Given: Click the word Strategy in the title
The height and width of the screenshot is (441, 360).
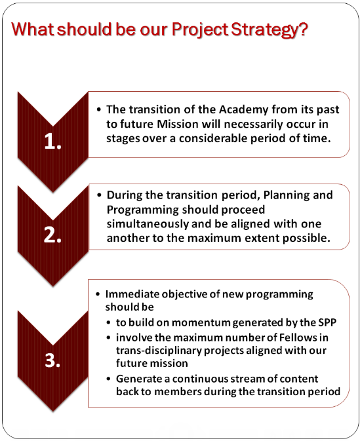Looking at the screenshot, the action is tap(269, 29).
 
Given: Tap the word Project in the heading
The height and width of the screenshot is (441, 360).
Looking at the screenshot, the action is tap(200, 29).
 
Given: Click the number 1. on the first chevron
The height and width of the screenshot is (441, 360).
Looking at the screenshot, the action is tap(53, 141).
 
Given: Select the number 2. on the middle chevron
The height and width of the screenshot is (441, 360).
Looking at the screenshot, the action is tap(52, 235).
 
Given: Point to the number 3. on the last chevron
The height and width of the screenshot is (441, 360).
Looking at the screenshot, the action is tap(52, 360).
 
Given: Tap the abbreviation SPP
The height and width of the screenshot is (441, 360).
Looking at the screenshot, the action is tap(327, 322).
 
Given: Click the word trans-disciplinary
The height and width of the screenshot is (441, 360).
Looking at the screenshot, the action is tap(159, 351).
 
